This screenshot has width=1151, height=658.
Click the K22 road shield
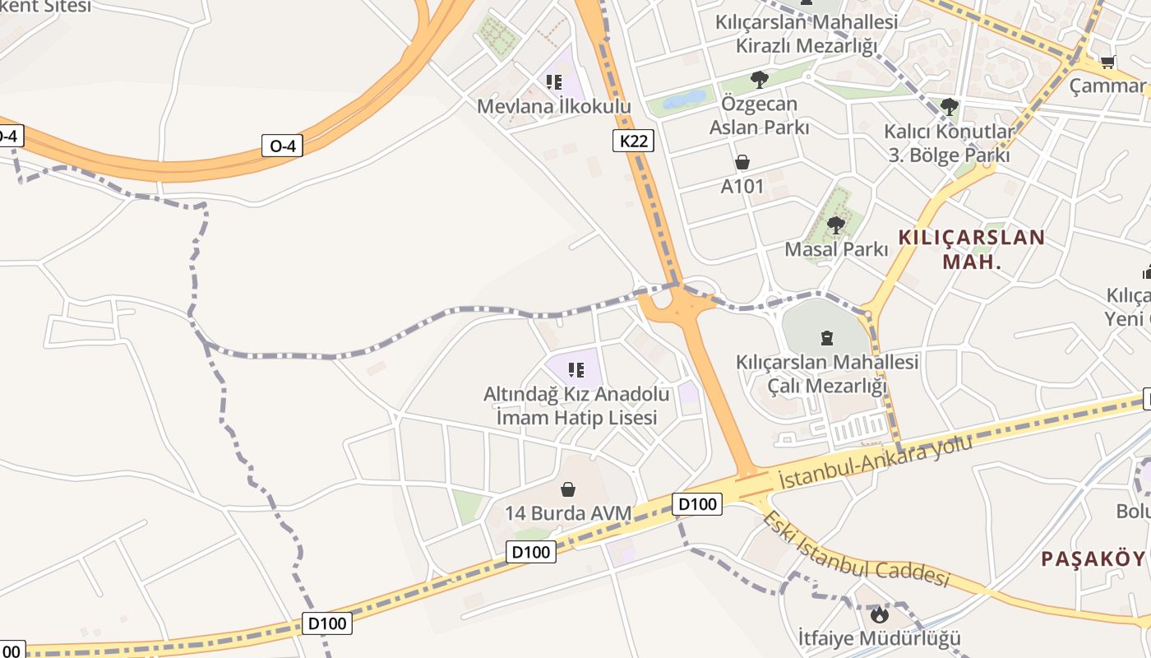point(633,141)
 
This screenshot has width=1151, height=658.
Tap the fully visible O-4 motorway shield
point(282,146)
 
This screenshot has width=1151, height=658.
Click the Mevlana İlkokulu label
point(554,107)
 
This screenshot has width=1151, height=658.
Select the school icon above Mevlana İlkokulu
point(554,81)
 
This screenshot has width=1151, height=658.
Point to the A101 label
point(742,187)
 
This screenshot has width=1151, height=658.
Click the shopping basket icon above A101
point(742,162)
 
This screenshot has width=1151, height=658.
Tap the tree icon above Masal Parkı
point(836,225)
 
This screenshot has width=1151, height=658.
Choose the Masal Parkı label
point(836,248)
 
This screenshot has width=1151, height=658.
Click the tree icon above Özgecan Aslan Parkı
point(759,80)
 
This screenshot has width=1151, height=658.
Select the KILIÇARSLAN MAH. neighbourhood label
point(972,250)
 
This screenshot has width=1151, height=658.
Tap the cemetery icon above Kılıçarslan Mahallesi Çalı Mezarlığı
point(827,337)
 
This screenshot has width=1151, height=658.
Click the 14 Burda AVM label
point(568,513)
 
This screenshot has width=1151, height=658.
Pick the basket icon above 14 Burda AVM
point(568,489)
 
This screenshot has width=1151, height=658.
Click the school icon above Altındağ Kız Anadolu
point(575,370)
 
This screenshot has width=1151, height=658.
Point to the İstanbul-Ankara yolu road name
point(875,461)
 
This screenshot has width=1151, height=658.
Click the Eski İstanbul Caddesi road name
point(855,549)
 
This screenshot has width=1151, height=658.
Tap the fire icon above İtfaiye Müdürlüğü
point(880,614)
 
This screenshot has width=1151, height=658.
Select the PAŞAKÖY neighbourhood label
point(1093,559)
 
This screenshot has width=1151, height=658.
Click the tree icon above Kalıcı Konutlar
point(950,106)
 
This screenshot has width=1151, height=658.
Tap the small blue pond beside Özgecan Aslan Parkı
point(684,100)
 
